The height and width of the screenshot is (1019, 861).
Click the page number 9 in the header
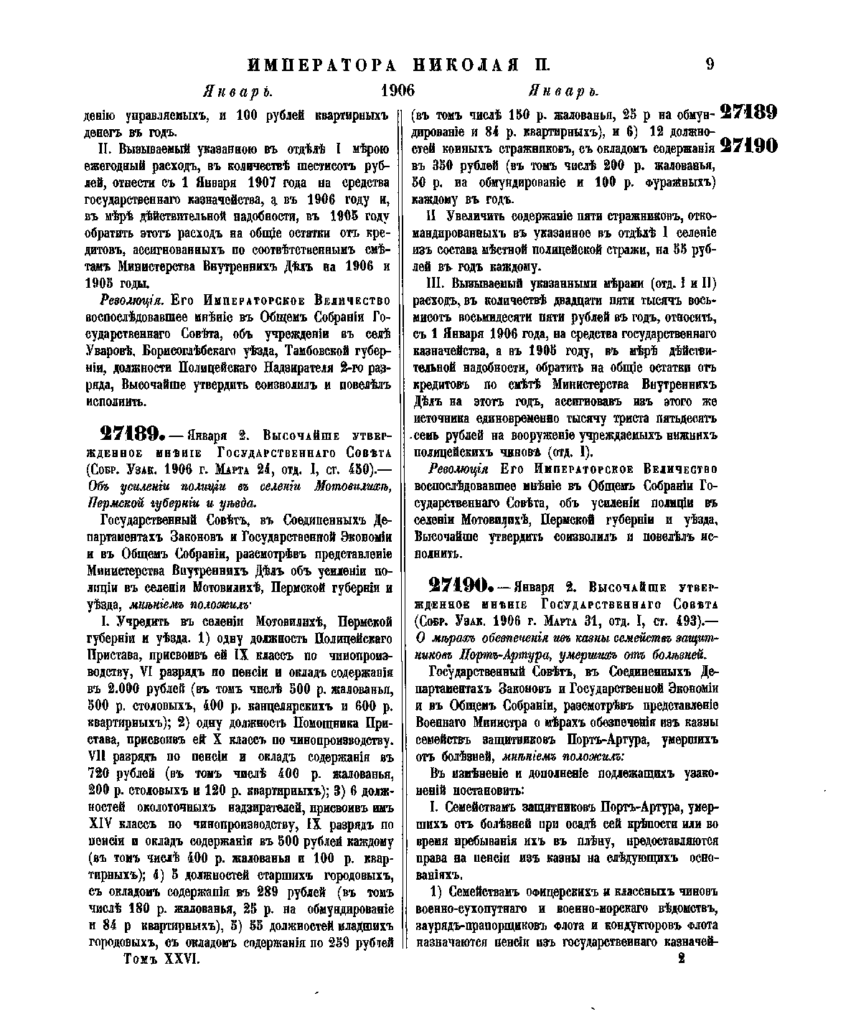click(710, 64)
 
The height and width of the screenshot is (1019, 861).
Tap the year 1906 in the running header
click(398, 91)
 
